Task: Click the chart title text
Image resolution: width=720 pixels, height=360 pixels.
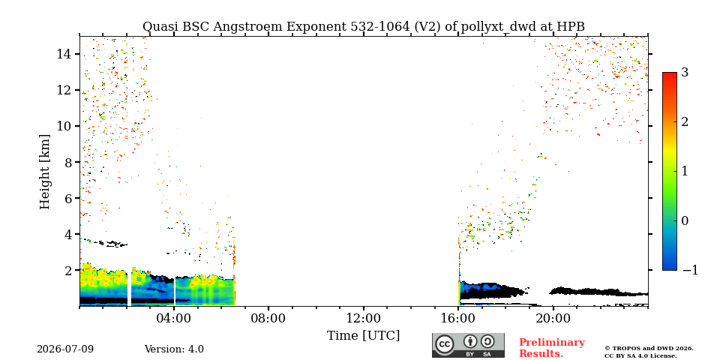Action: [x=363, y=27]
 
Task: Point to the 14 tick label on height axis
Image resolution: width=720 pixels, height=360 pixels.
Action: [x=64, y=54]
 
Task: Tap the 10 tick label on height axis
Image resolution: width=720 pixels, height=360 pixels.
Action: [x=64, y=126]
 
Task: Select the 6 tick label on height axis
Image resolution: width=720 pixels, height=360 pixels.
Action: [x=68, y=198]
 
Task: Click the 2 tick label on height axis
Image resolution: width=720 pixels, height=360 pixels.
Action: [x=68, y=271]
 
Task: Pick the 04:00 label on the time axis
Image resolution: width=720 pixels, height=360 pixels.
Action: [x=174, y=318]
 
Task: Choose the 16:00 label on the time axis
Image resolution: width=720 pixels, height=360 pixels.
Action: [x=458, y=318]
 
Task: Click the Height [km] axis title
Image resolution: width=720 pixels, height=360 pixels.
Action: [x=44, y=172]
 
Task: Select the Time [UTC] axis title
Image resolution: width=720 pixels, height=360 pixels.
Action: [x=363, y=336]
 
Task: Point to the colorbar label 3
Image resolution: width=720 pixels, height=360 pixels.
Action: [x=685, y=73]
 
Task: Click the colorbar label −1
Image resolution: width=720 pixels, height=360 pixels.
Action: [x=690, y=270]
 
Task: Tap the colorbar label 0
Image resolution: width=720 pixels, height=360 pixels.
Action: [x=685, y=220]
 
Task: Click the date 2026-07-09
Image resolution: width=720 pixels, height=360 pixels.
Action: [x=65, y=349]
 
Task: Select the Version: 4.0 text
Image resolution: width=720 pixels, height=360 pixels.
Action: [x=174, y=349]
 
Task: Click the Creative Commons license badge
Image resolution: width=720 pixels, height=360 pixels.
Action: [x=468, y=345]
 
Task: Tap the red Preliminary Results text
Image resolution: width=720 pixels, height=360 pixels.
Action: [x=551, y=348]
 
